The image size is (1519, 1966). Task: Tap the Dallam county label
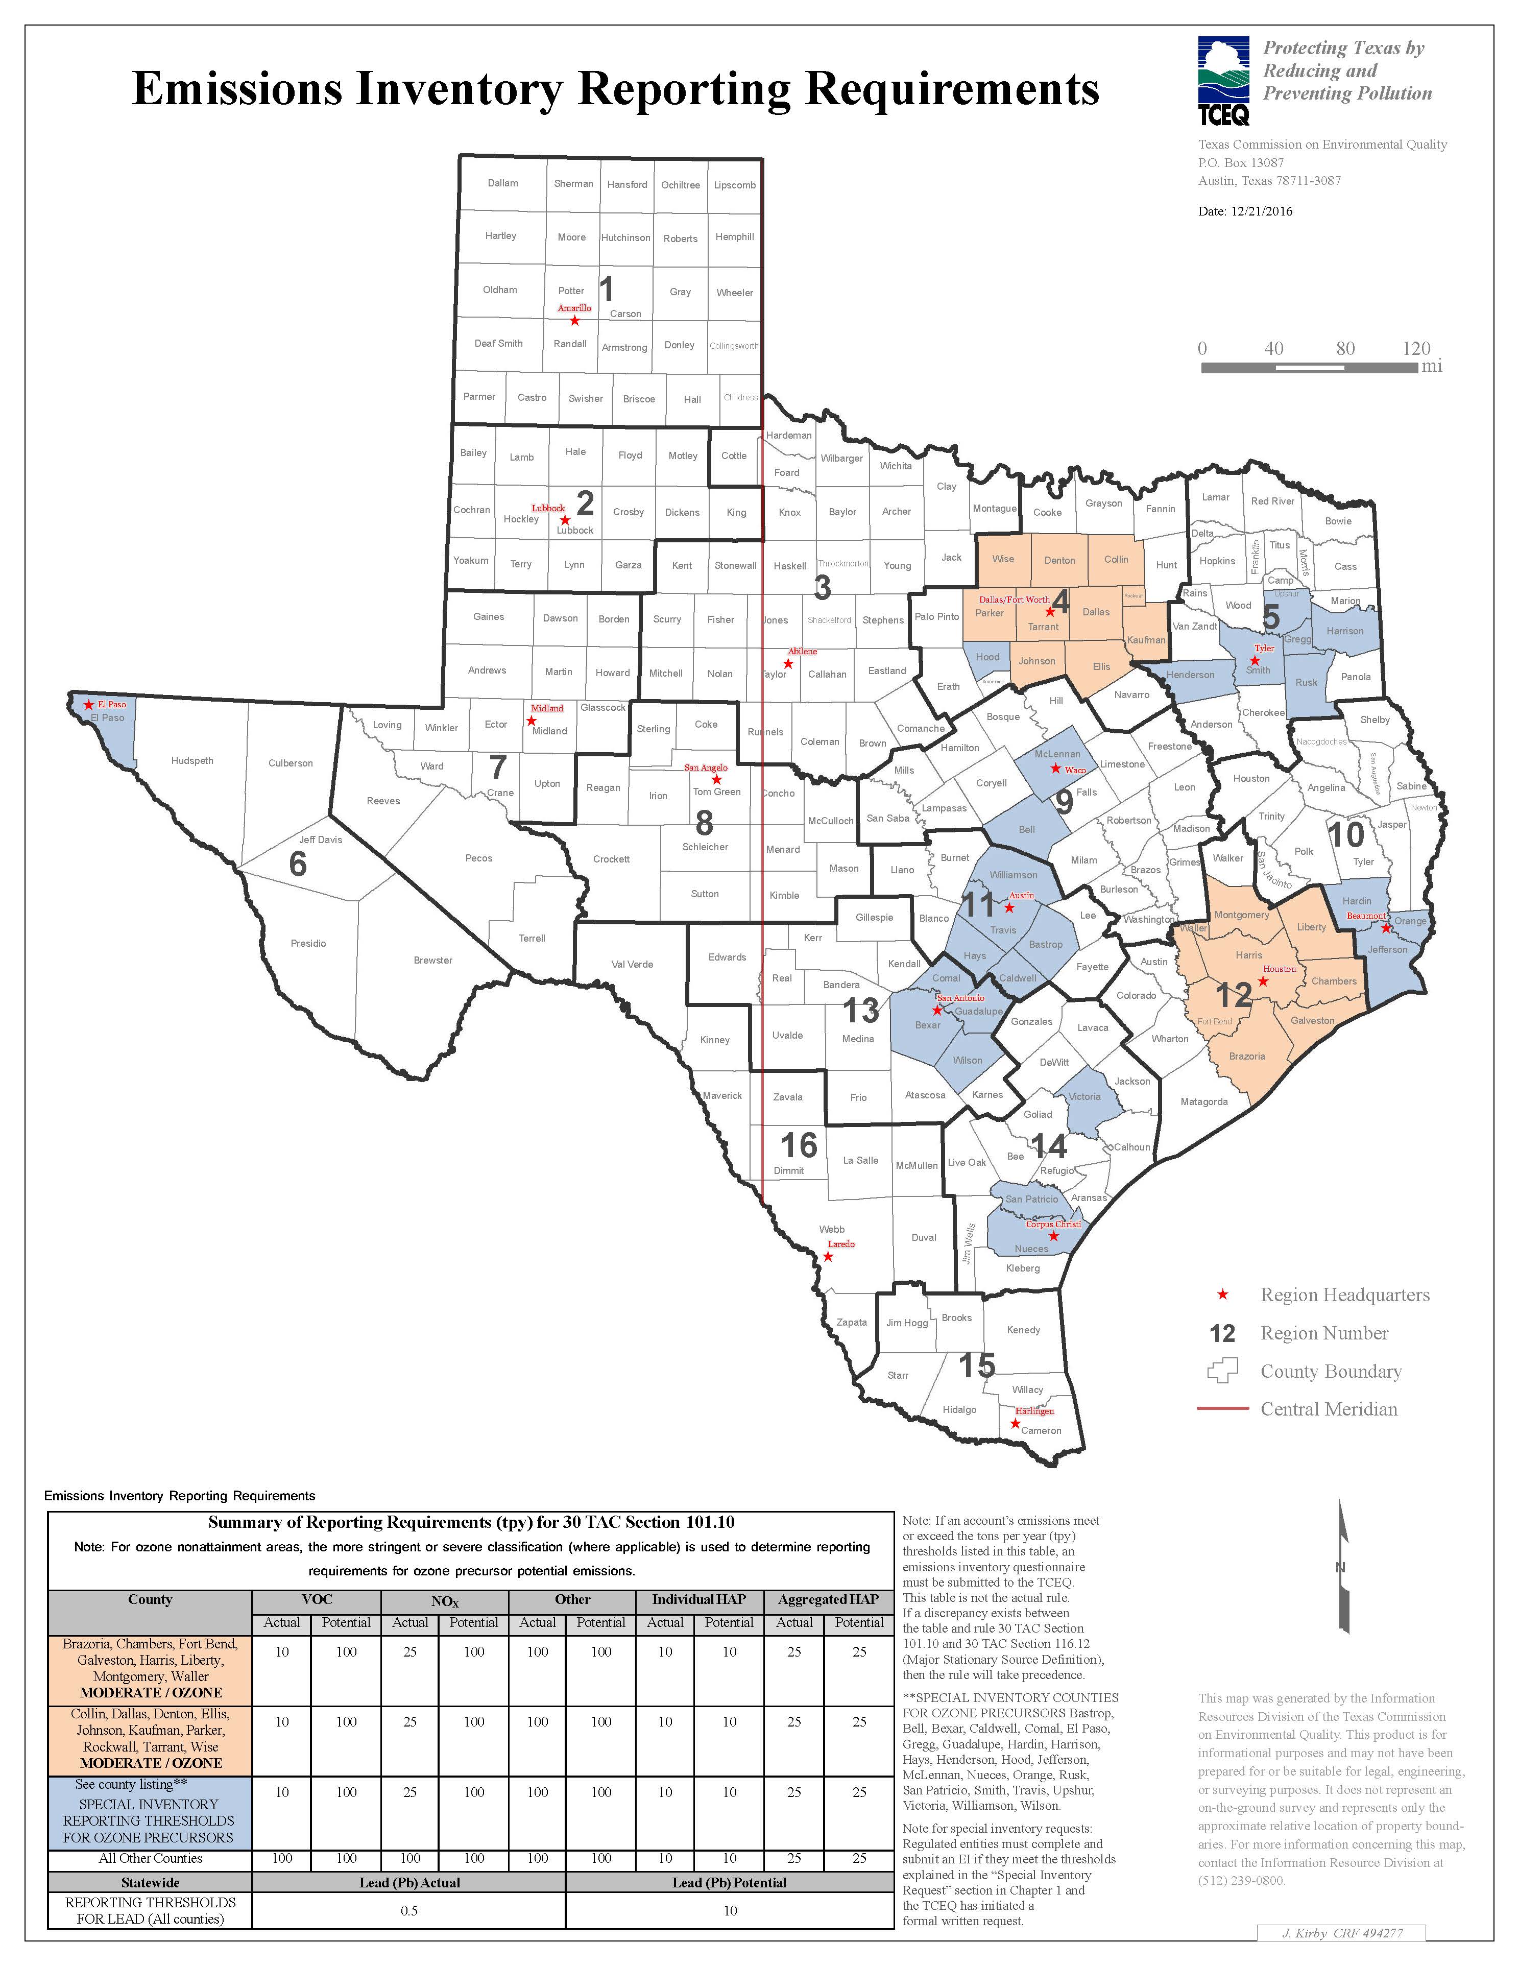pos(503,183)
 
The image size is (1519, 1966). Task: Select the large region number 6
pos(298,864)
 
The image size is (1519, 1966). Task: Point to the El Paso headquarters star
pos(88,704)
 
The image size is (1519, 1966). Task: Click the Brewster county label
pos(433,960)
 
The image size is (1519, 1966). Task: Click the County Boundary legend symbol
pos(1222,1371)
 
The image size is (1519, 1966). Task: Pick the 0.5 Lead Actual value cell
pos(409,1910)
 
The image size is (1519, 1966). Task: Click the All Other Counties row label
pos(150,1858)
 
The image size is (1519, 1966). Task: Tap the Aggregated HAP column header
pos(828,1600)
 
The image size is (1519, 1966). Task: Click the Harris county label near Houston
pos(1248,954)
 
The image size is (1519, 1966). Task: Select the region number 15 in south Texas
pos(976,1364)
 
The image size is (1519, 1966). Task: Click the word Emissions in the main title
pos(237,90)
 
